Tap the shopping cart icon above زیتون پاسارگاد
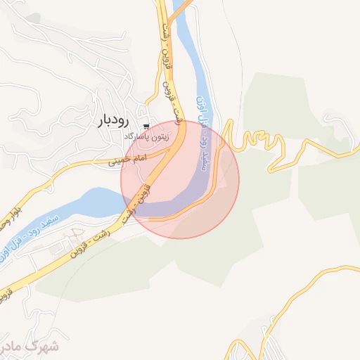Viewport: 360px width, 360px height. (x=146, y=126)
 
